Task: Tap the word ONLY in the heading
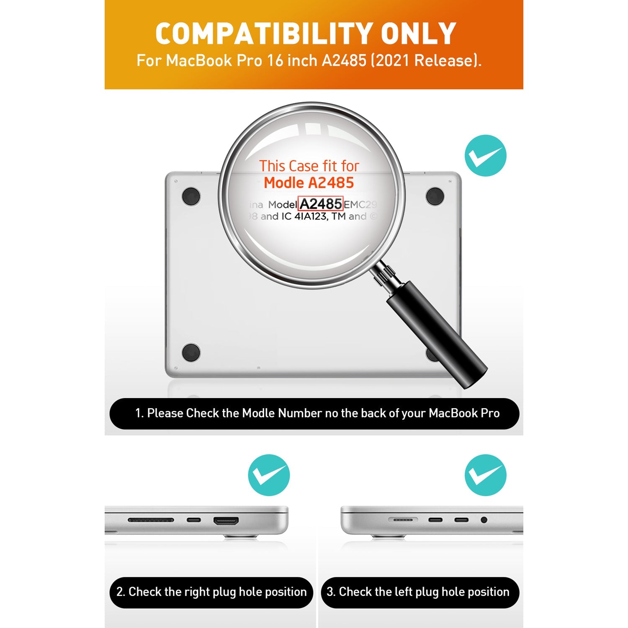click(x=418, y=33)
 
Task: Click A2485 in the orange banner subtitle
click(x=344, y=61)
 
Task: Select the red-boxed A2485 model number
click(x=321, y=204)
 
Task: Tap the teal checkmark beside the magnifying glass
click(x=486, y=155)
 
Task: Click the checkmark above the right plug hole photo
click(x=269, y=475)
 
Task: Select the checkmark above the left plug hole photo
click(x=486, y=475)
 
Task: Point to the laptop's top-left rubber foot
click(x=191, y=196)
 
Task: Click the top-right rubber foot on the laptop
click(x=435, y=196)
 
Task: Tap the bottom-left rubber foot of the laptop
click(x=191, y=353)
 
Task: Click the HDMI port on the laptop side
click(x=226, y=521)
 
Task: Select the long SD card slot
click(x=151, y=520)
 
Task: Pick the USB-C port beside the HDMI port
click(x=193, y=520)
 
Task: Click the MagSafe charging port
click(x=403, y=520)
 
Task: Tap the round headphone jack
click(x=484, y=520)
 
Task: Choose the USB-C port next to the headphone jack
click(x=461, y=520)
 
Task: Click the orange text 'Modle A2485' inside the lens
click(x=309, y=183)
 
